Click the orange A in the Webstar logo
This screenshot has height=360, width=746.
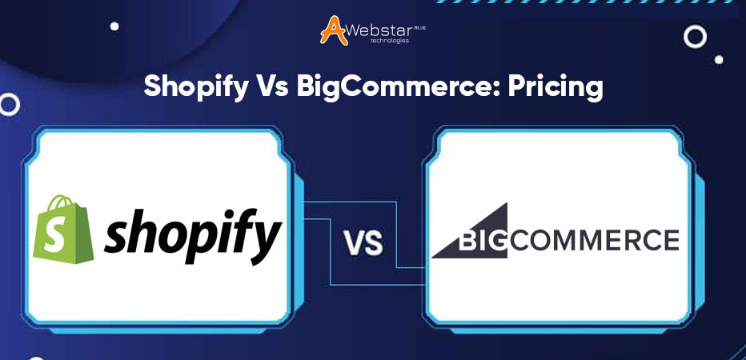[x=334, y=30]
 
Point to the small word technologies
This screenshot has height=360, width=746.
[x=390, y=41]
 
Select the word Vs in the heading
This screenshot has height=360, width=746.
[x=274, y=87]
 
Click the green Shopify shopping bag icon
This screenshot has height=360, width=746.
[x=63, y=229]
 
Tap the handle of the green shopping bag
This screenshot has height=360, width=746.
[x=62, y=202]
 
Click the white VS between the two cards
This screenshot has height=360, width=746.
[x=364, y=242]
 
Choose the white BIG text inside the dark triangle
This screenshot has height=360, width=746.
[x=483, y=241]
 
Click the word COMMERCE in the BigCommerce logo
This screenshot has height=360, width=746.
[x=593, y=240]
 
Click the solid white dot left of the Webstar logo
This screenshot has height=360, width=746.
[x=114, y=26]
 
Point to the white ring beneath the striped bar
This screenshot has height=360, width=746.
[x=695, y=37]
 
